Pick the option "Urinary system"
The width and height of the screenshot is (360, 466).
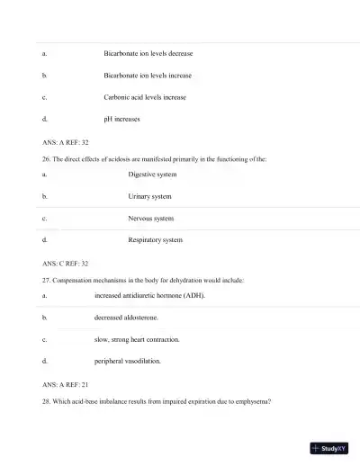click(149, 196)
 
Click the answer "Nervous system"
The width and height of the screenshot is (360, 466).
click(151, 218)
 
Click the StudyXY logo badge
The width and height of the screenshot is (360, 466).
click(328, 447)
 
